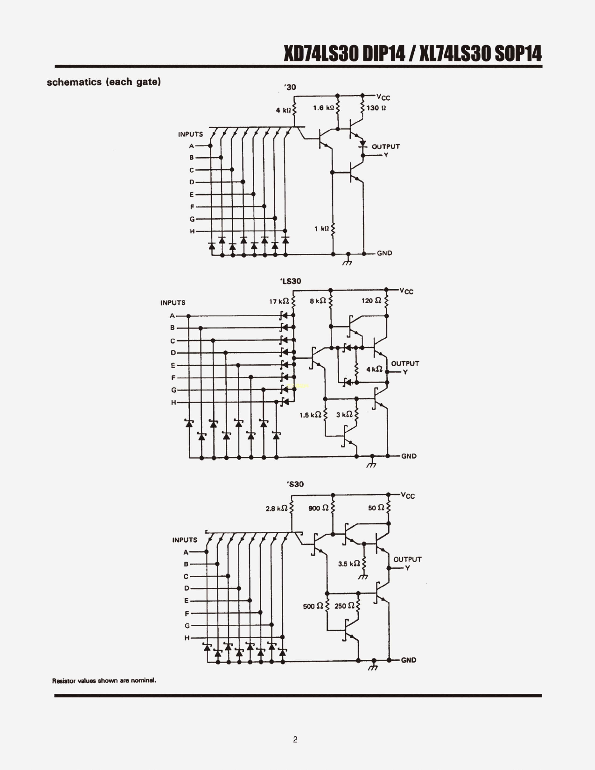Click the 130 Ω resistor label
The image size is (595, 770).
(376, 108)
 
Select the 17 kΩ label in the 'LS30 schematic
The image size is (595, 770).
(279, 301)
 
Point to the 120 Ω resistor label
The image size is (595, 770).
(371, 301)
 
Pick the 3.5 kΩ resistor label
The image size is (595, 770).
(349, 564)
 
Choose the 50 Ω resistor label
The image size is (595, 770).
(376, 508)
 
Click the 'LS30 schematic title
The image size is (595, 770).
(291, 281)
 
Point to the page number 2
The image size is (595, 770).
(295, 740)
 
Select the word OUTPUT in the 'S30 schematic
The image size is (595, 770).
(407, 560)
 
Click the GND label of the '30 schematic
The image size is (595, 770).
(385, 253)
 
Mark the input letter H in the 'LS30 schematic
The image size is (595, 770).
(173, 402)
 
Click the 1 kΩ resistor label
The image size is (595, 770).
(322, 229)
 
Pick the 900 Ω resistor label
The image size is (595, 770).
(318, 508)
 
